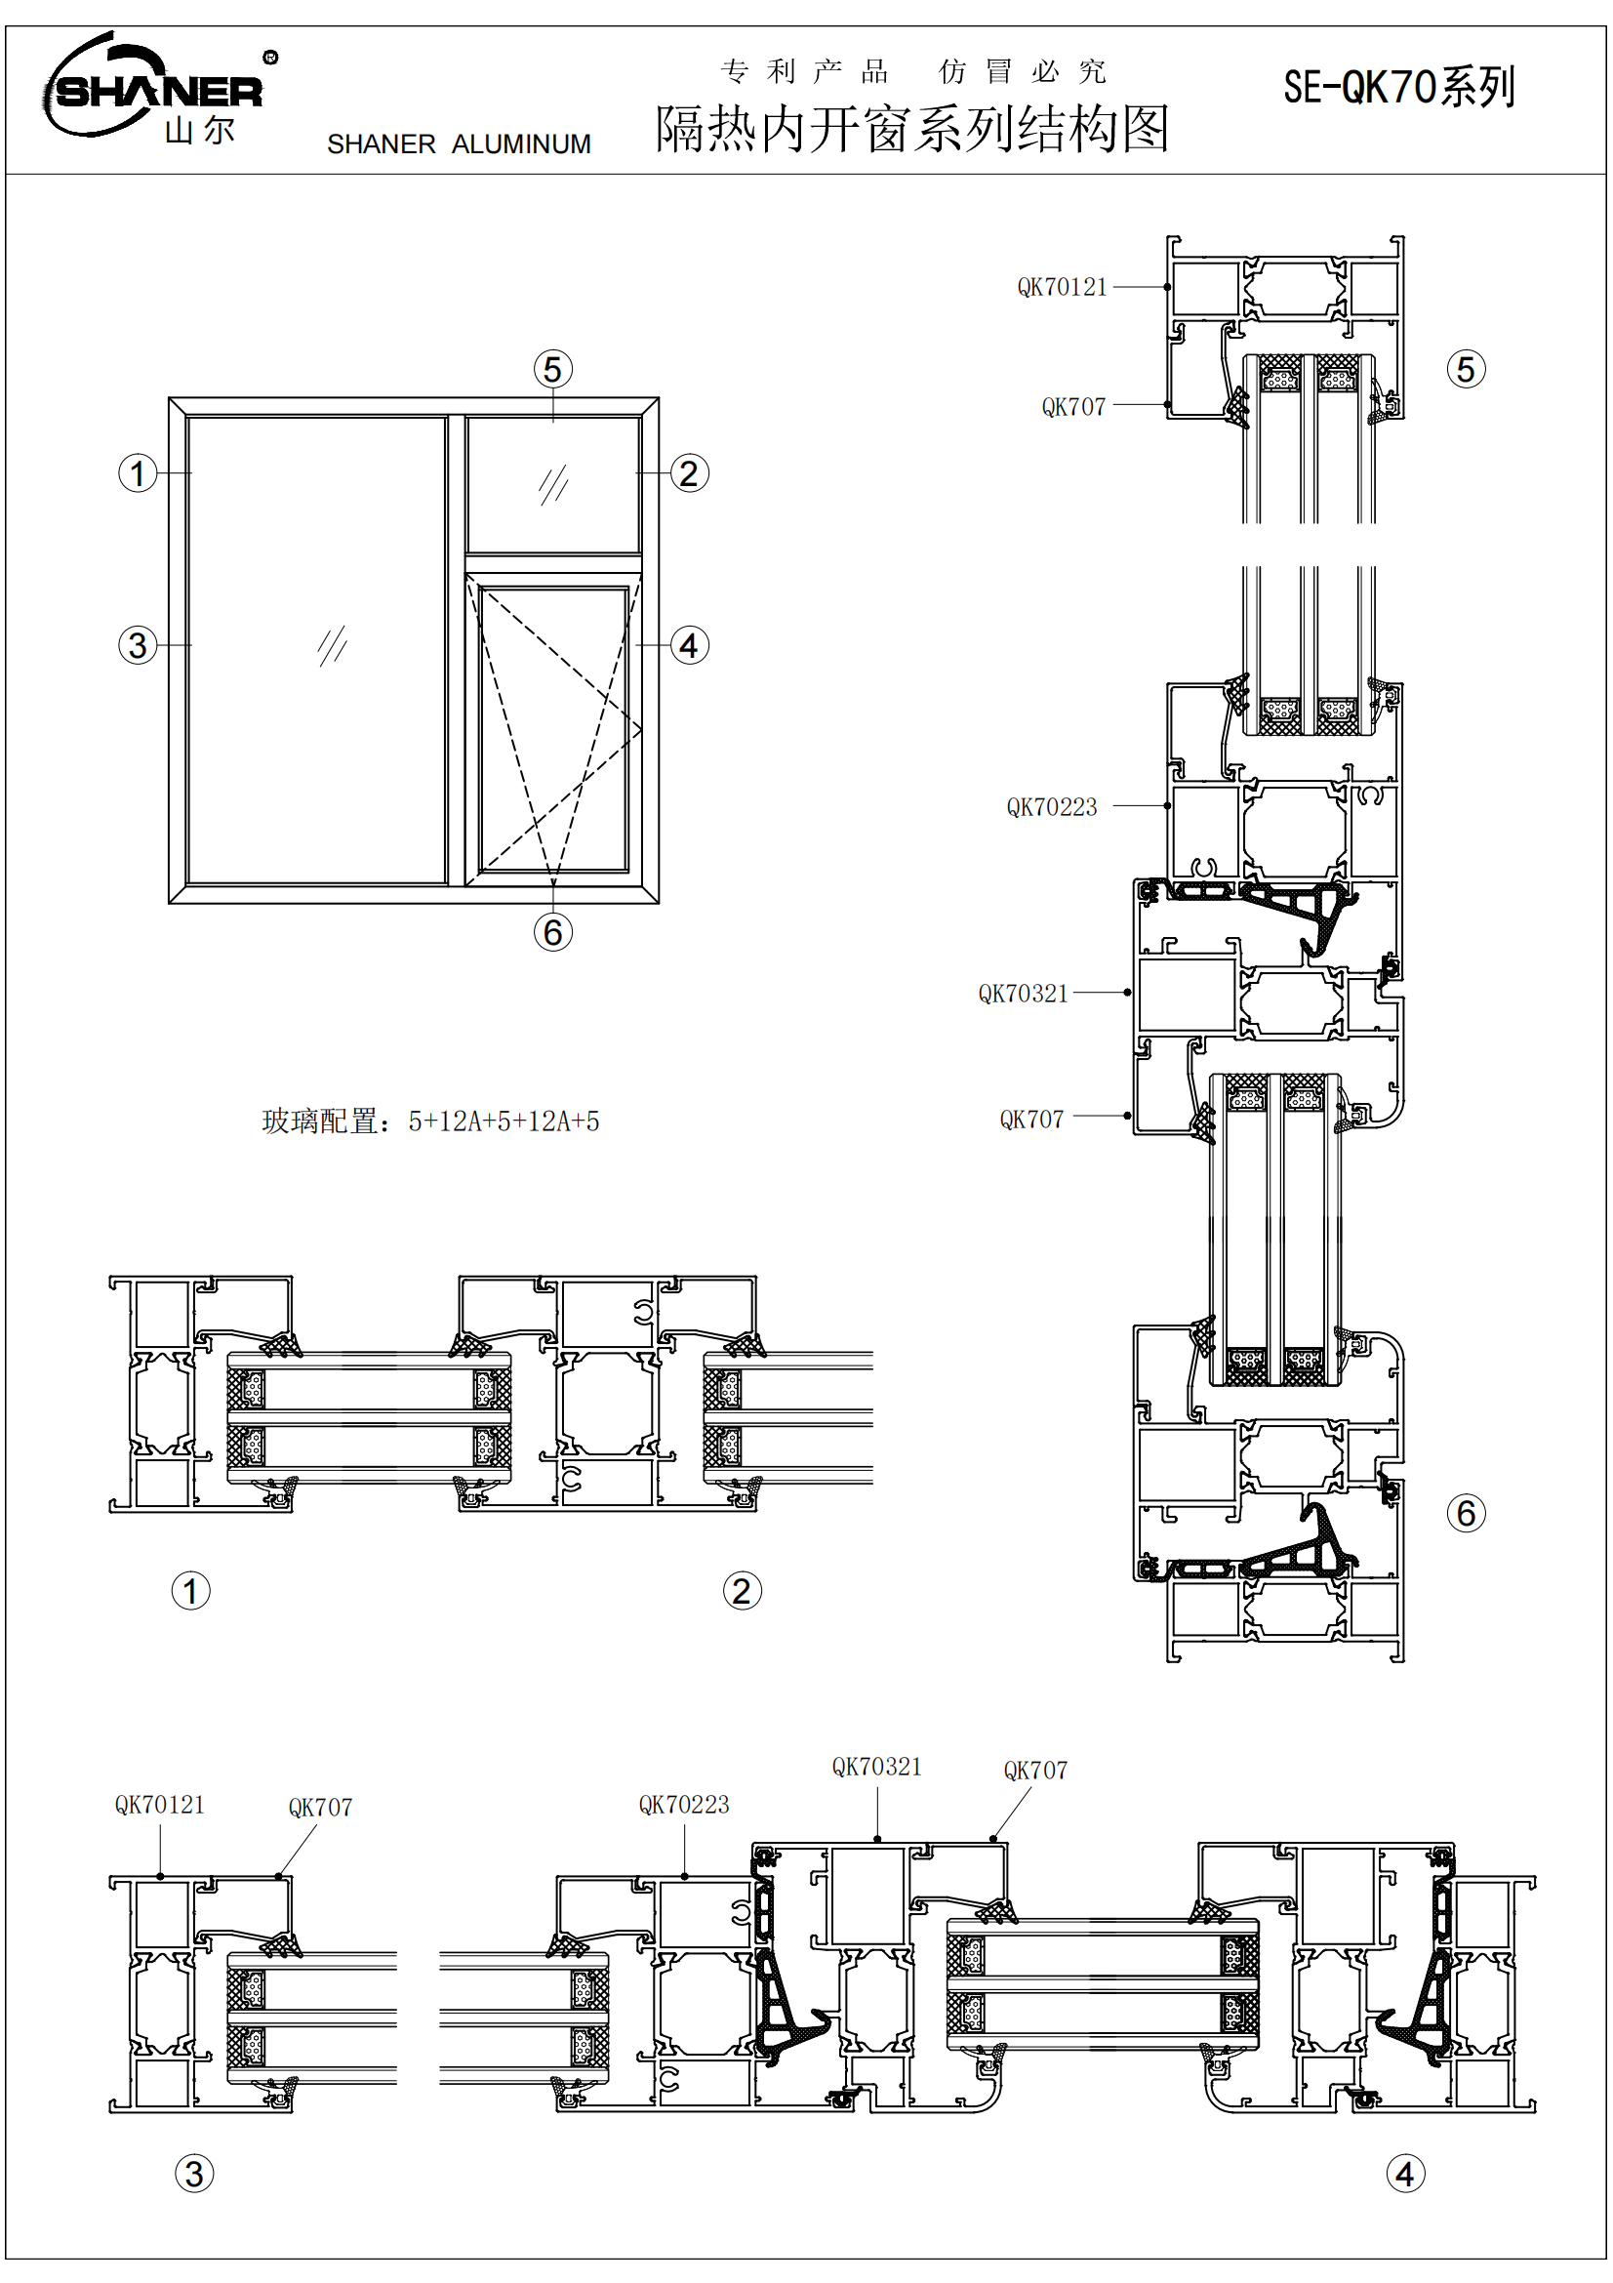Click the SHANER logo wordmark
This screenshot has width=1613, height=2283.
point(159,92)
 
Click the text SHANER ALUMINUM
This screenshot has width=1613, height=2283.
point(459,144)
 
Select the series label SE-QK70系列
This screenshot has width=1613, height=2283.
point(1398,88)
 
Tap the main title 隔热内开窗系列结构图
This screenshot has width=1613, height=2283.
point(911,129)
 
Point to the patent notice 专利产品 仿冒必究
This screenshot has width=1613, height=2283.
point(912,71)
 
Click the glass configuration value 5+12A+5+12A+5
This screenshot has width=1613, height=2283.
point(504,1121)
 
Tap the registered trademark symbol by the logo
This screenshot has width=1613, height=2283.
point(270,58)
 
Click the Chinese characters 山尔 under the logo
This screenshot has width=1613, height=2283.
point(200,130)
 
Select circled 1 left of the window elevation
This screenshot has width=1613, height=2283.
point(139,473)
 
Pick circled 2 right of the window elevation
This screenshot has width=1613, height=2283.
point(689,473)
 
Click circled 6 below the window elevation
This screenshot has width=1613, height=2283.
point(552,932)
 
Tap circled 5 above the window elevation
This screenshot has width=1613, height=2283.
point(552,369)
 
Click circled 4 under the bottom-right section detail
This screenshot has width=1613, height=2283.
point(1404,2174)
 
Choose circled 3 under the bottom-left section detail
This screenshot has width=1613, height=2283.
point(194,2174)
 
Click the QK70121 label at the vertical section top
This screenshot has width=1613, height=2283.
point(1062,287)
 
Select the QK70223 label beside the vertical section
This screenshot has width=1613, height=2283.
point(1052,807)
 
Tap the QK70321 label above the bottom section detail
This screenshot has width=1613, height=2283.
point(876,1767)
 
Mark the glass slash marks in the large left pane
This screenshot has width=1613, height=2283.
point(332,645)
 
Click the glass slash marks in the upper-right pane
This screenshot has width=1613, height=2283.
point(552,484)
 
